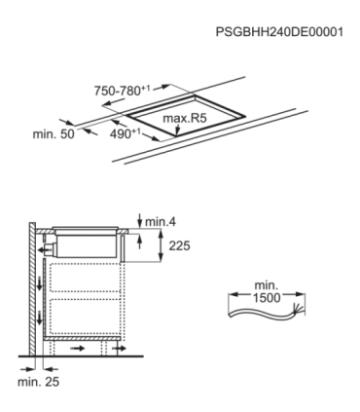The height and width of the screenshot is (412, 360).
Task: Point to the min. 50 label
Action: [x=54, y=132]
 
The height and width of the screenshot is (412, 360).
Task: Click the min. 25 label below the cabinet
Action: [x=38, y=383]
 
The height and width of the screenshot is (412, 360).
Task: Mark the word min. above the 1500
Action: [x=266, y=285]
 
